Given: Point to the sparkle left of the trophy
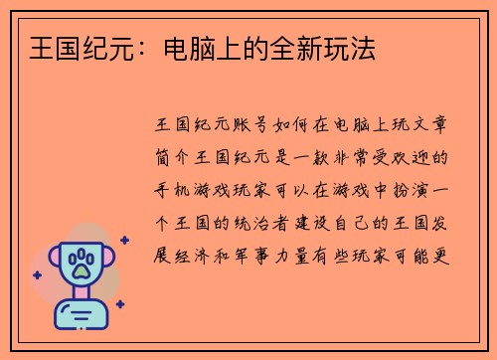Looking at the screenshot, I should click(37, 274).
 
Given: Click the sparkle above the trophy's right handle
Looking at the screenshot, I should click(123, 240).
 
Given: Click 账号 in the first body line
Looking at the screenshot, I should click(254, 127).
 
